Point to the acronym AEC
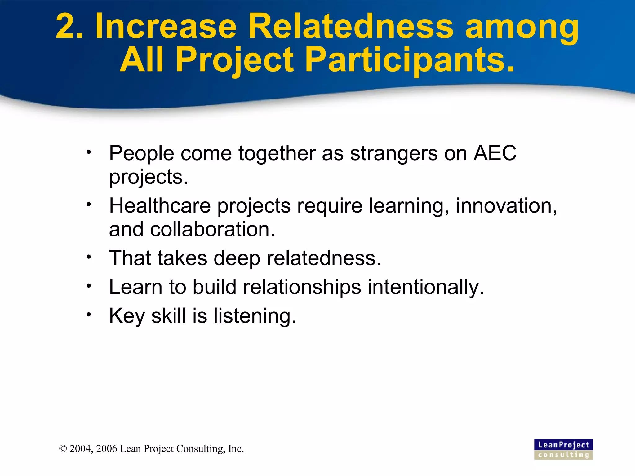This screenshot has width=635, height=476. [x=495, y=153]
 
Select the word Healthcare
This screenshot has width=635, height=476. [x=160, y=206]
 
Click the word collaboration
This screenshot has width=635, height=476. [x=212, y=229]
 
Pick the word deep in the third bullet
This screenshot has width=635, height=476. [x=237, y=258]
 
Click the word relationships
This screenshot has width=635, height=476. [x=302, y=287]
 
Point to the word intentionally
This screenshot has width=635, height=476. [x=425, y=287]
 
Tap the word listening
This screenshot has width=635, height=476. [x=255, y=316]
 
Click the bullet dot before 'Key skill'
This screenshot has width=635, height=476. [x=89, y=315]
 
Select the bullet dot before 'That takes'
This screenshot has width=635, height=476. [x=89, y=257]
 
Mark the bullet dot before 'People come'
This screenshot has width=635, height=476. [x=89, y=152]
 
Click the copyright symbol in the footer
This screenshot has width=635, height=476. [x=63, y=449]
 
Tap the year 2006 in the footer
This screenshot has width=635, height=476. [x=106, y=449]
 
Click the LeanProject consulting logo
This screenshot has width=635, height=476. [x=563, y=449]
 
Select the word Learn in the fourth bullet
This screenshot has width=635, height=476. [x=135, y=287]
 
